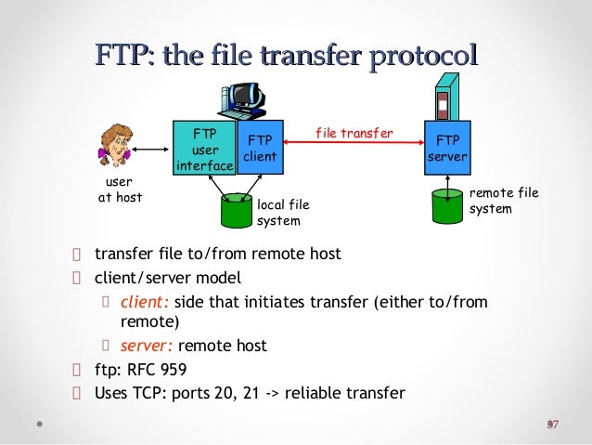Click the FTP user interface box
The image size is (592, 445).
(199, 148)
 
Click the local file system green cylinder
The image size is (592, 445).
(236, 211)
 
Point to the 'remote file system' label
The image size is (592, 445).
(503, 201)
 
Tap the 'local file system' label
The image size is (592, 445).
(283, 212)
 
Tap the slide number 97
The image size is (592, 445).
(552, 425)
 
